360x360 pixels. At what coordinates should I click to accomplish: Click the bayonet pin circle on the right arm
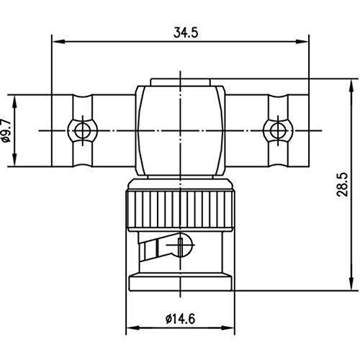[x=276, y=130]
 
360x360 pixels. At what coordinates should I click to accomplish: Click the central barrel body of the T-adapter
[x=180, y=130]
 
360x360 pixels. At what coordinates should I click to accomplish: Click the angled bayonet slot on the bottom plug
[x=156, y=249]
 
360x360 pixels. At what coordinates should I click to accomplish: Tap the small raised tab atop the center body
[x=180, y=81]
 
